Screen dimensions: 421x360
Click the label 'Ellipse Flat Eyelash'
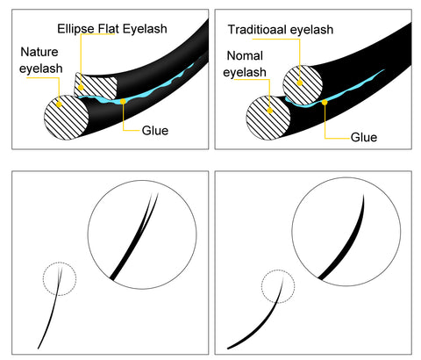click(112, 29)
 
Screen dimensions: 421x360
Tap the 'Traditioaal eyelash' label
click(281, 30)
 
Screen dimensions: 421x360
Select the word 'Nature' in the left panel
click(39, 52)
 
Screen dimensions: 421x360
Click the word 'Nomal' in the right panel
click(245, 55)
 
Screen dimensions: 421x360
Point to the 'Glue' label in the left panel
click(155, 131)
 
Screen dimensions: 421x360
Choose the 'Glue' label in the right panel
click(364, 137)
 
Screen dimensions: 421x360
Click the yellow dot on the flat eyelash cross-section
click(81, 88)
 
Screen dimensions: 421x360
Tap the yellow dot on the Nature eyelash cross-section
click(59, 104)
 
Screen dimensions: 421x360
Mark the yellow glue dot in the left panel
click(123, 101)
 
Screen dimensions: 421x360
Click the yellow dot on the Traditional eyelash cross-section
click(300, 83)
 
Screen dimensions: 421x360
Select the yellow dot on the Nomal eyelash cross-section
click(270, 111)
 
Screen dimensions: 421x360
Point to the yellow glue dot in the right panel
click(325, 103)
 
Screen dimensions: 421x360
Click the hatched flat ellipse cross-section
click(96, 86)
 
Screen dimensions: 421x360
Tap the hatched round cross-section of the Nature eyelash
click(66, 118)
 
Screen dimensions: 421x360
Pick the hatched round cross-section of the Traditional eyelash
click(303, 85)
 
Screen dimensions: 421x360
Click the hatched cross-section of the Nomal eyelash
click(268, 118)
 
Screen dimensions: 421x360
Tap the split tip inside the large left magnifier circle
click(155, 194)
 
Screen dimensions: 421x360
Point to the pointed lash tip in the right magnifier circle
click(363, 195)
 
